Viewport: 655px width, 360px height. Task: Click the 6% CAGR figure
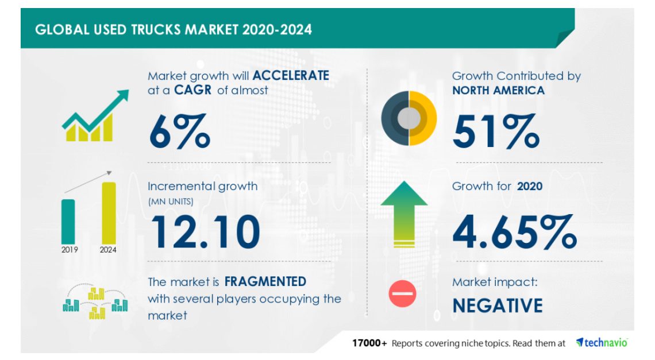pos(180,131)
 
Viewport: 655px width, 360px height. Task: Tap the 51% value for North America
pos(496,131)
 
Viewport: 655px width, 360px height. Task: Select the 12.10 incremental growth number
pos(205,232)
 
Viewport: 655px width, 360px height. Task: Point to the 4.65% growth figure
pos(515,232)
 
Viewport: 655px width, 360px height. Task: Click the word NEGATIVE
pos(498,305)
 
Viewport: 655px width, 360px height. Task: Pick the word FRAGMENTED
pos(265,281)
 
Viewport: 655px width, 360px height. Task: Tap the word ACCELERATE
pos(291,75)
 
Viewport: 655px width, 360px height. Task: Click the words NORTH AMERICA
pos(498,90)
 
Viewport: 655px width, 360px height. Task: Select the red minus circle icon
pos(402,293)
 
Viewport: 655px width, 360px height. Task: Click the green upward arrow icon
pos(404,214)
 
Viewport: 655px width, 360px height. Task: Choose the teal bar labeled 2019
pos(68,222)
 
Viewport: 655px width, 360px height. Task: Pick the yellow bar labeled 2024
pos(109,213)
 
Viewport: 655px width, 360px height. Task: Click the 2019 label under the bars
pos(70,250)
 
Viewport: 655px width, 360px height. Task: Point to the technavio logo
pos(602,342)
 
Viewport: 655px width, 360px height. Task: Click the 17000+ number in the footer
pos(369,343)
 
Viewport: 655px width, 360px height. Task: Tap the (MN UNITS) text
pos(171,202)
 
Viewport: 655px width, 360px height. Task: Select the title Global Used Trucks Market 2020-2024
pos(174,30)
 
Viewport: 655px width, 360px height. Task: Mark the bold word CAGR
pos(192,90)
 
